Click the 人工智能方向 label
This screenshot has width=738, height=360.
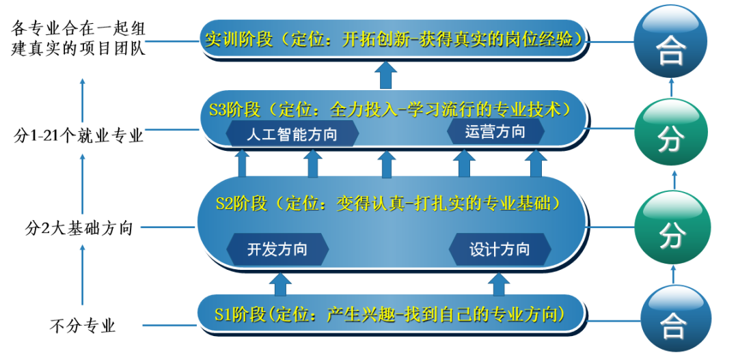tap(292, 134)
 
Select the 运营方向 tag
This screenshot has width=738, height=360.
tap(495, 132)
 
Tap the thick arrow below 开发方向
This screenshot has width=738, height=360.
tap(280, 283)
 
